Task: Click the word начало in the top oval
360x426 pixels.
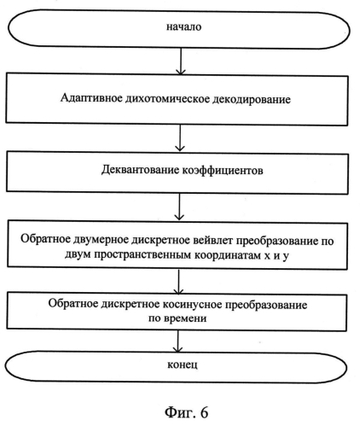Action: click(x=183, y=26)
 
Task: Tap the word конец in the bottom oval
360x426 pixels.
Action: click(x=182, y=365)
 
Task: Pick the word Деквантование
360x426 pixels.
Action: click(x=140, y=170)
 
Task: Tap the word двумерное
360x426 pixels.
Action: click(x=101, y=240)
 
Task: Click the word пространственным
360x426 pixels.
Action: click(x=142, y=255)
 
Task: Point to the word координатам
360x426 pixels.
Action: click(x=229, y=255)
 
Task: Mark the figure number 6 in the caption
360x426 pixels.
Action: click(x=204, y=412)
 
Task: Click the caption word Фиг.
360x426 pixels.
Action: click(x=179, y=412)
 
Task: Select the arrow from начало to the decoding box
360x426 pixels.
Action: click(x=181, y=61)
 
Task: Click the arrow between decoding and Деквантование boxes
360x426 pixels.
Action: click(x=180, y=138)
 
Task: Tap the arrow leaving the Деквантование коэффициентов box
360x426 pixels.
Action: click(x=179, y=207)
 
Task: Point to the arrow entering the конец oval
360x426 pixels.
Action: click(x=177, y=341)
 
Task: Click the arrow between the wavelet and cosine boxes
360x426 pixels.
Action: click(x=178, y=282)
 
